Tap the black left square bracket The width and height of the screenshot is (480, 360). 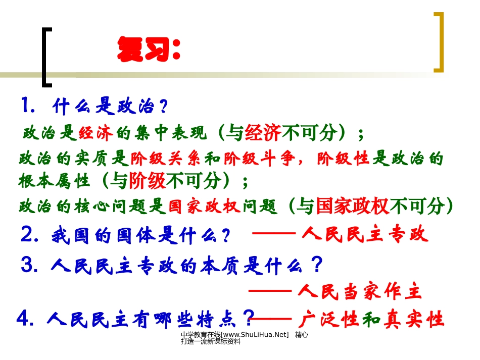point(46,56)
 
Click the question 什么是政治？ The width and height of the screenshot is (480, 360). point(109,108)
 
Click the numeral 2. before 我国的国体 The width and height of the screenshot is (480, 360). point(31,235)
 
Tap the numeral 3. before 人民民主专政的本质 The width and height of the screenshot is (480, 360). point(30,264)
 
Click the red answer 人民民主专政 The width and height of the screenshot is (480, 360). point(365,235)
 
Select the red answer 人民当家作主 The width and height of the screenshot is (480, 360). point(360,291)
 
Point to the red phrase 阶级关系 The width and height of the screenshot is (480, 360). point(167,159)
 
